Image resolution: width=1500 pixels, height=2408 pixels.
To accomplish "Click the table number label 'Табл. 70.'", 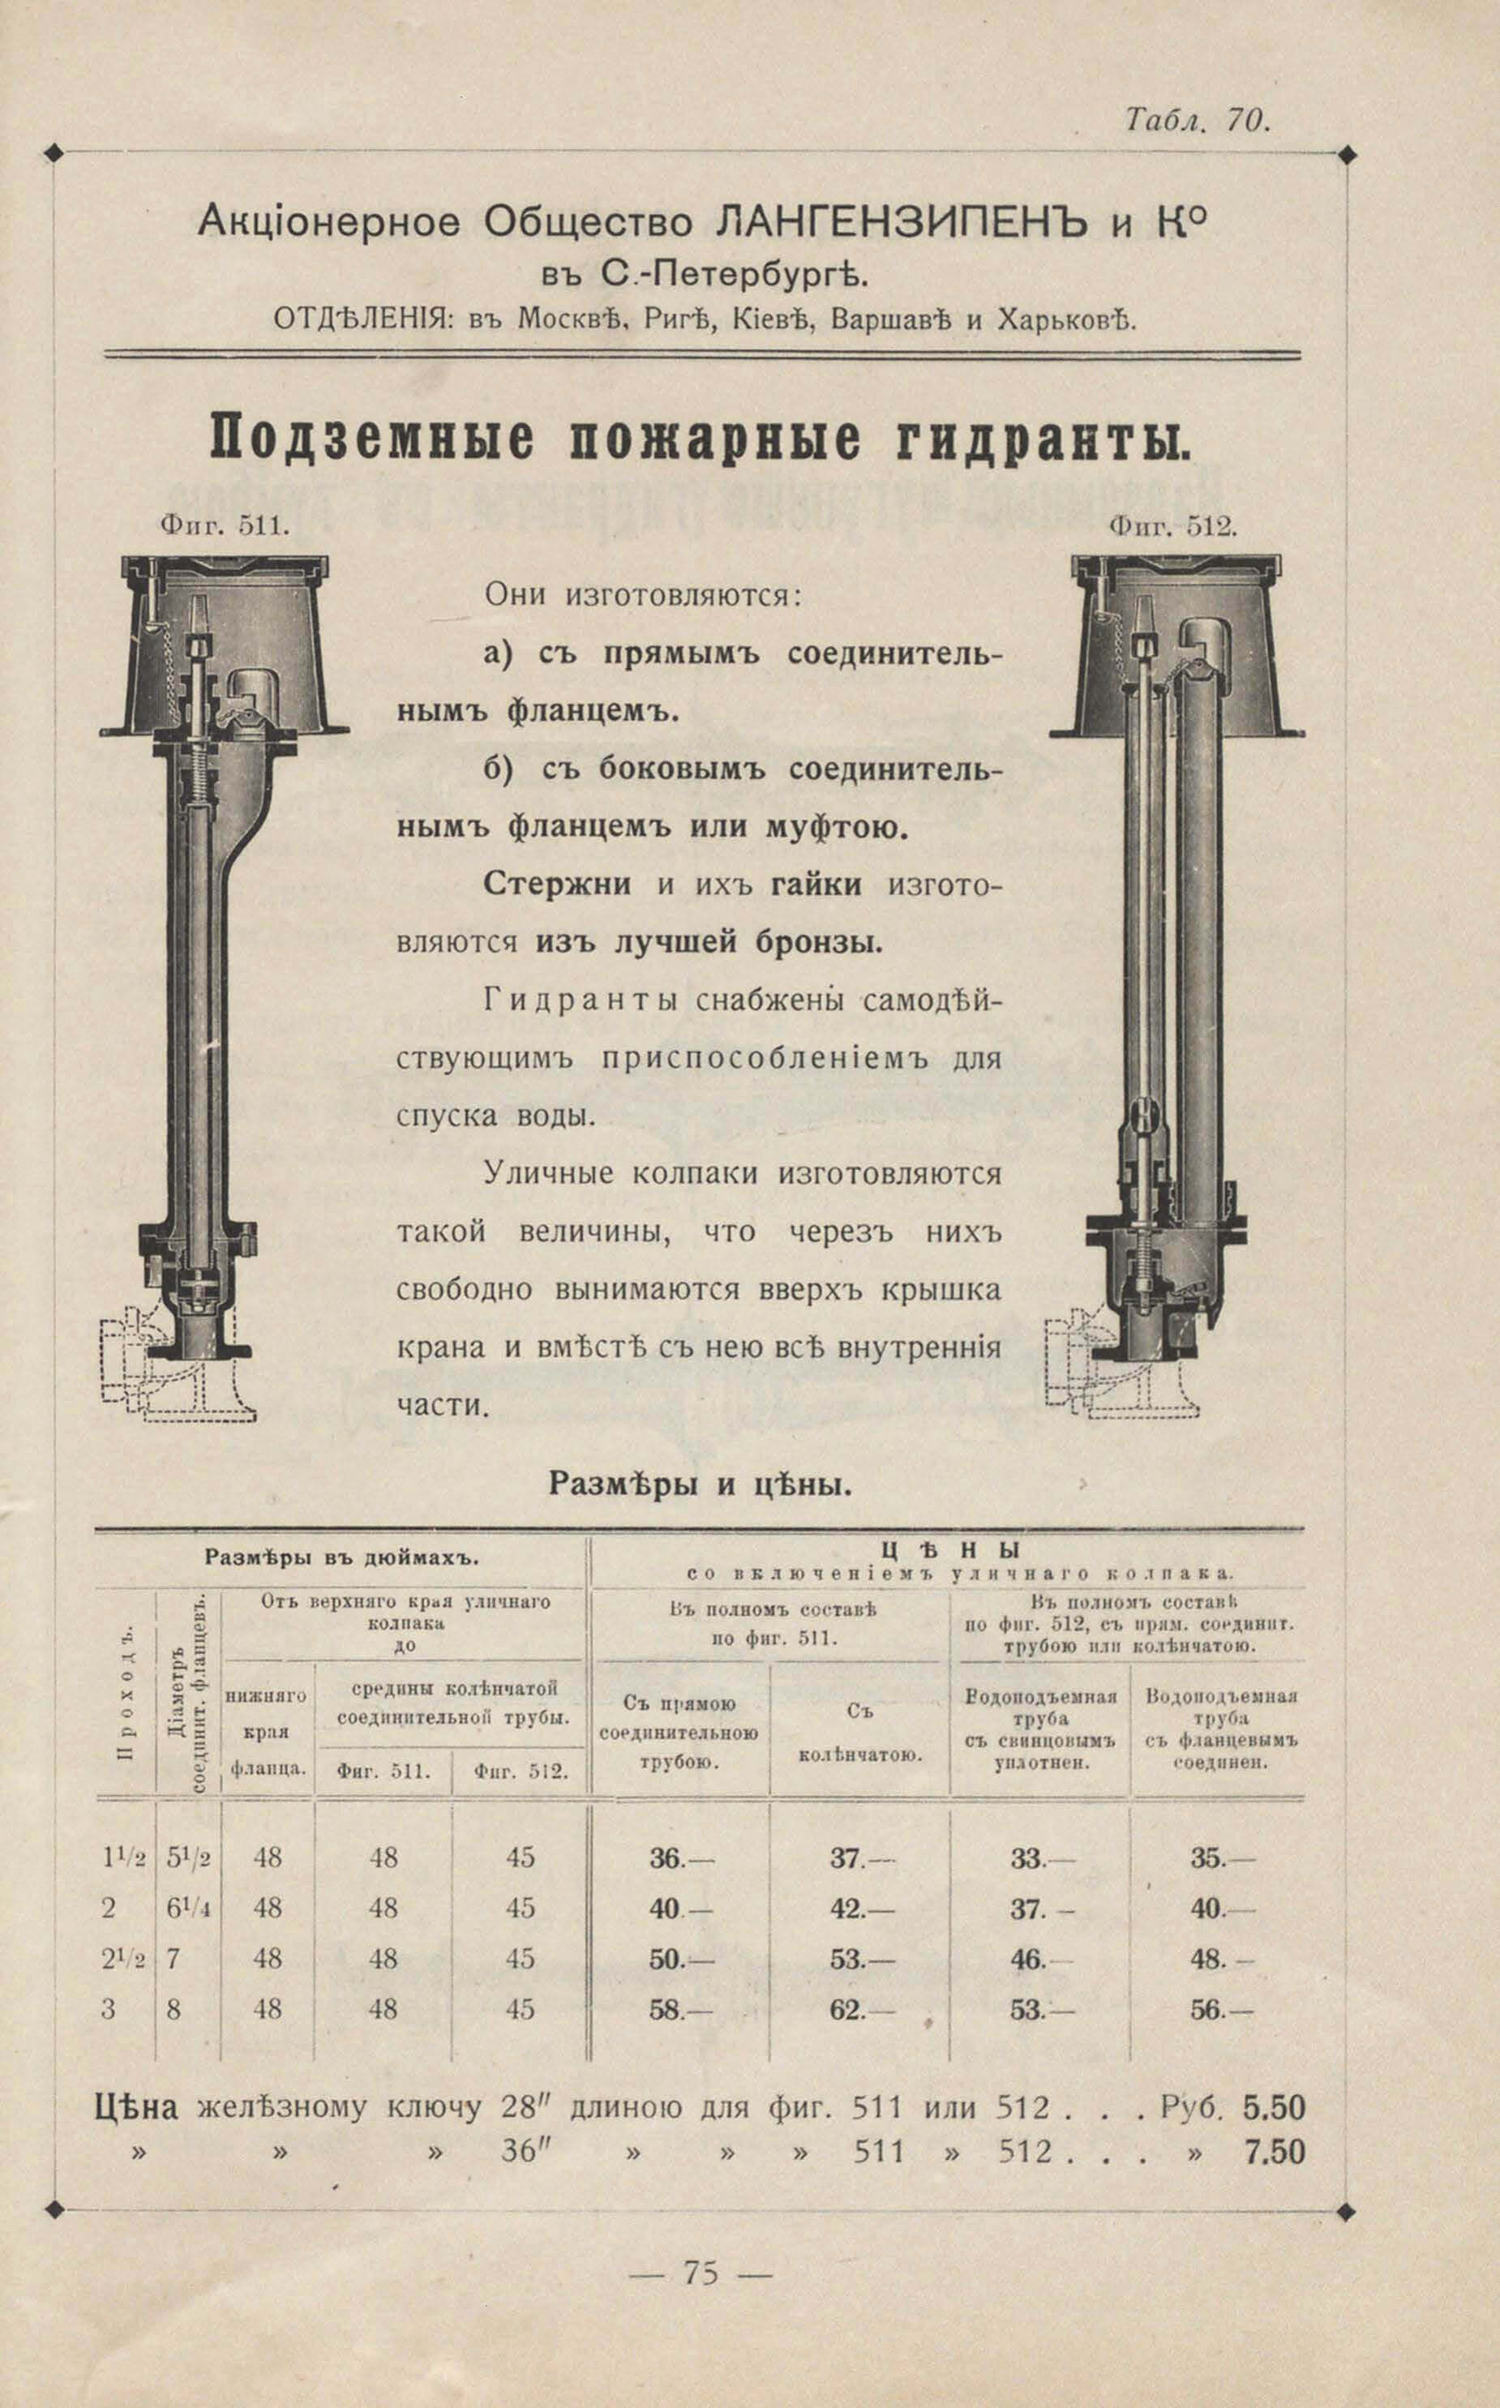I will (1197, 120).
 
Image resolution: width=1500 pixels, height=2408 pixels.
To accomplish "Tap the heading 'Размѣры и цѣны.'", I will (700, 1485).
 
